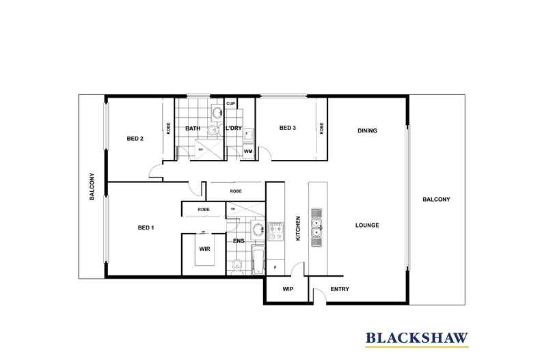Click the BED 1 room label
(146, 227)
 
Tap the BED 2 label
(135, 139)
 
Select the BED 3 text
(287, 128)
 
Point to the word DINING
(367, 130)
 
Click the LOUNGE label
(367, 225)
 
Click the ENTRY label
(340, 289)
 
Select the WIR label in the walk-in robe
(204, 249)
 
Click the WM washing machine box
(247, 151)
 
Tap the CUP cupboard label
(231, 104)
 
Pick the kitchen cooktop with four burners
(275, 232)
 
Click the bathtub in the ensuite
(258, 262)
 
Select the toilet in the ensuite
(235, 265)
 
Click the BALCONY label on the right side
(436, 199)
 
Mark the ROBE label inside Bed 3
(320, 128)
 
